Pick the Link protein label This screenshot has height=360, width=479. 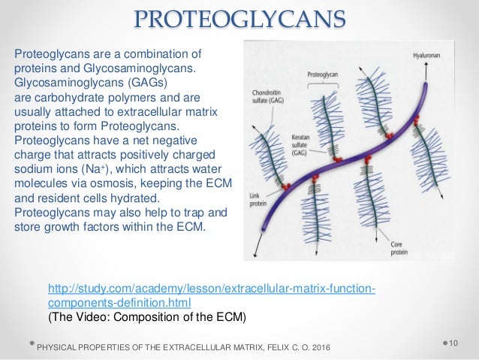[x=259, y=200]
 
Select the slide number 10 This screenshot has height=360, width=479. [x=453, y=343]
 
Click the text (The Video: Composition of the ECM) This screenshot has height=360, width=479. [x=146, y=316]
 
